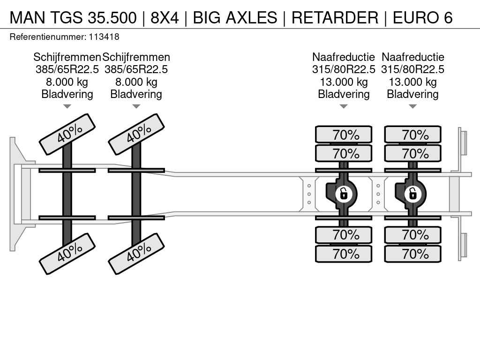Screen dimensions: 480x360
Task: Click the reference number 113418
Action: pyautogui.click(x=104, y=37)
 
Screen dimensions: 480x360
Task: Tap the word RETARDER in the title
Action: pyautogui.click(x=335, y=17)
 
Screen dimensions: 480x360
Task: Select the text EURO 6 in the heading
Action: pyautogui.click(x=422, y=17)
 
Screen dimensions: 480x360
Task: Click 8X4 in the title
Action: pyautogui.click(x=165, y=17)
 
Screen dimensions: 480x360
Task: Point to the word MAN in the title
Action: pyautogui.click(x=28, y=17)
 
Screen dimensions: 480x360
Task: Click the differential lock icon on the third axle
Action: pyautogui.click(x=344, y=194)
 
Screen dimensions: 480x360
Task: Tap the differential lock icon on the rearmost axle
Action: pyautogui.click(x=412, y=194)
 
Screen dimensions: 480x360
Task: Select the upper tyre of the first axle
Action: pyautogui.click(x=67, y=135)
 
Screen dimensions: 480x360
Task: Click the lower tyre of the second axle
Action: pyautogui.click(x=136, y=254)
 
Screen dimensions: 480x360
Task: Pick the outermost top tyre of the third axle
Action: pyautogui.click(x=344, y=135)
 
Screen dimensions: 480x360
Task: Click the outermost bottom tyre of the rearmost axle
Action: pyautogui.click(x=412, y=254)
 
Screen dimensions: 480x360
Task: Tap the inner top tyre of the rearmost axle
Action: pyautogui.click(x=412, y=153)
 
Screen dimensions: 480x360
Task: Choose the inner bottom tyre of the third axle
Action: pyautogui.click(x=344, y=235)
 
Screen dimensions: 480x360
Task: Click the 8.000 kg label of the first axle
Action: pyautogui.click(x=67, y=82)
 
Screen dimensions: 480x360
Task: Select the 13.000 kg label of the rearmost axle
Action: pyautogui.click(x=412, y=82)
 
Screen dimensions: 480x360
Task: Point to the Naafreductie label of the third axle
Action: pyautogui.click(x=344, y=57)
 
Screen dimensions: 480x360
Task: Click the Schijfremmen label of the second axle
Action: pyautogui.click(x=136, y=57)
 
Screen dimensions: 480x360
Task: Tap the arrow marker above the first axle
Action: pyautogui.click(x=67, y=106)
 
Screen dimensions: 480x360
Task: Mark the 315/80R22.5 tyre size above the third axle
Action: pyautogui.click(x=344, y=69)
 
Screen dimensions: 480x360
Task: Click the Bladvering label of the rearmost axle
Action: pyautogui.click(x=412, y=94)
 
